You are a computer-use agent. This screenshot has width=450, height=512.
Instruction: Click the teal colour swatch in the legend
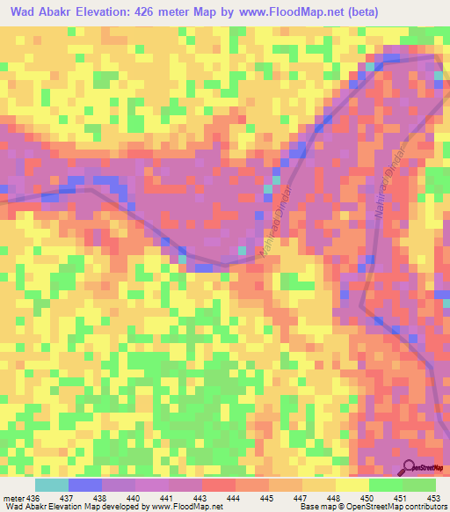coord(52,485)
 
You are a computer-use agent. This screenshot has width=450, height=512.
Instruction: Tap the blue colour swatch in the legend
coord(85,485)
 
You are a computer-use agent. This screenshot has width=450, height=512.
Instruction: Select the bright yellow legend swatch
coord(352,485)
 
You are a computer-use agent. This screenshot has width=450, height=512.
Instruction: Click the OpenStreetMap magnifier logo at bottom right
coord(410,467)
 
